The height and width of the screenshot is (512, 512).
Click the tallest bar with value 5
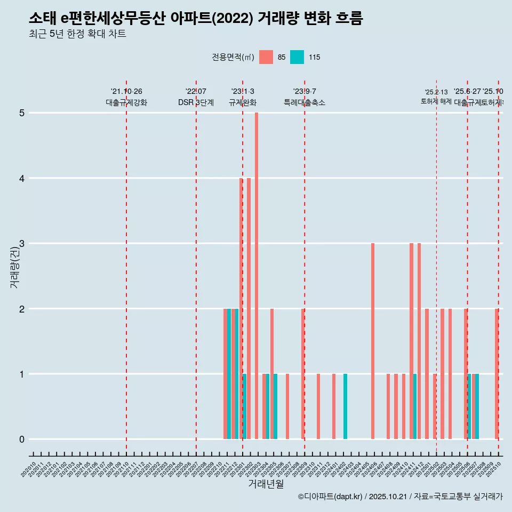click(x=257, y=276)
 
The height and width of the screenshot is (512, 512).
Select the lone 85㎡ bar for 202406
click(x=373, y=341)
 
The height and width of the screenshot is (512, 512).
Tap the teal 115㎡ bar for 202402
click(x=345, y=406)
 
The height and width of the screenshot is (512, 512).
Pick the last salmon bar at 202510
click(x=497, y=374)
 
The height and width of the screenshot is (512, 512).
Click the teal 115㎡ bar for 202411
click(x=415, y=406)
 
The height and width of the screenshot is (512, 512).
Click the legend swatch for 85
click(x=266, y=57)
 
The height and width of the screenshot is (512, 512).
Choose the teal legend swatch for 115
click(x=297, y=57)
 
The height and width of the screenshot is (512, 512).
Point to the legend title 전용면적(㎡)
click(x=233, y=57)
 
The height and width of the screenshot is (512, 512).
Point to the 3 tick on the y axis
click(x=22, y=244)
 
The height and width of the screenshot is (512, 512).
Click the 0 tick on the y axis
click(x=22, y=439)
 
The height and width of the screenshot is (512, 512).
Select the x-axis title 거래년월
click(x=266, y=484)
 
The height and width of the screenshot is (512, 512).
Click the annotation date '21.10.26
click(x=126, y=92)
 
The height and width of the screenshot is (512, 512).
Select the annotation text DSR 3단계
click(x=196, y=102)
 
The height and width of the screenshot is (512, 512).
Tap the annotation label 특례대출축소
click(x=305, y=102)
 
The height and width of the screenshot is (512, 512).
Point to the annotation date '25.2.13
click(x=436, y=92)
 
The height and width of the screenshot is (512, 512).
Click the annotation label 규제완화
click(x=243, y=102)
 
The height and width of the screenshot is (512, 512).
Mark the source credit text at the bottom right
click(x=400, y=497)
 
